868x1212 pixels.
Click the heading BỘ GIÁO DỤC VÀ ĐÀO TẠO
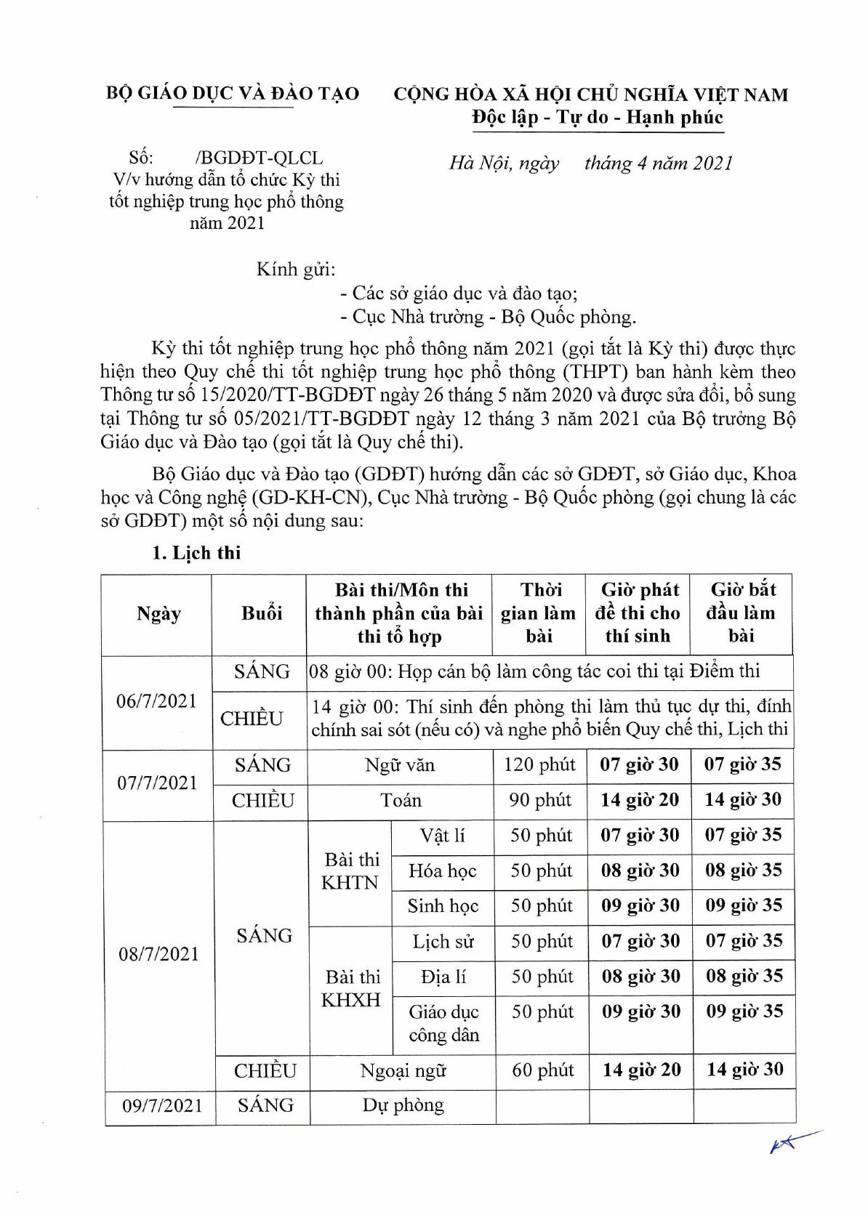pos(232,93)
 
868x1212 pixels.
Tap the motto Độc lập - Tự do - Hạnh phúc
pos(597,117)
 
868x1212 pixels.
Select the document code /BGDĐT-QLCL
pos(260,158)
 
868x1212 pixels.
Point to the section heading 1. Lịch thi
pos(196,552)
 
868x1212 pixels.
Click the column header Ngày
pos(158,614)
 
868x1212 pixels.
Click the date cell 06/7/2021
pos(157,701)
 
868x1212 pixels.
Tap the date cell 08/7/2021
pos(158,953)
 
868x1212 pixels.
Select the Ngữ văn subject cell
pos(400,765)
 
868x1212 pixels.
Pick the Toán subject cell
pos(401,800)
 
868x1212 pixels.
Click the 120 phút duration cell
pos(539,765)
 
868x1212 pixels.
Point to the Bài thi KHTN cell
pos(351,870)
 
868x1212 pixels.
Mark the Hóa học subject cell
pos(443,870)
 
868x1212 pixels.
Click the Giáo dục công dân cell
pos(443,1023)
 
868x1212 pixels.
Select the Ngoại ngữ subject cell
pos(403,1070)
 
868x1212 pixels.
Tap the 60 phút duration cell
pos(542,1070)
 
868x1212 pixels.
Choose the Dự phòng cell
pos(403,1105)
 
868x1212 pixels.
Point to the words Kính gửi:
pos(296,270)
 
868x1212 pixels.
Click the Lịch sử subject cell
pos(443,942)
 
